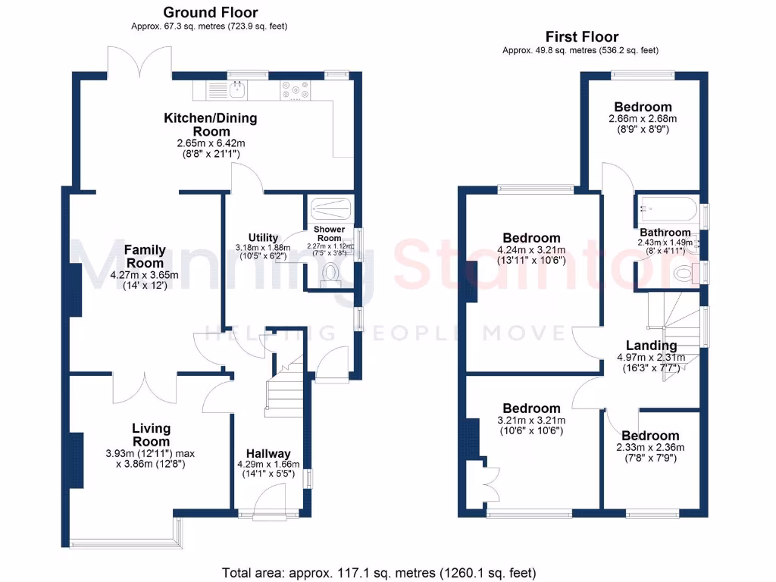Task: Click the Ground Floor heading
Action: click(x=210, y=12)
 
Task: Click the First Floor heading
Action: click(x=581, y=36)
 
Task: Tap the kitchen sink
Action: click(x=236, y=90)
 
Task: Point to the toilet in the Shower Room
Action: click(x=330, y=272)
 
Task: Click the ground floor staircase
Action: click(x=283, y=391)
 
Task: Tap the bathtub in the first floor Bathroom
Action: click(x=668, y=208)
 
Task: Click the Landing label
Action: click(x=646, y=346)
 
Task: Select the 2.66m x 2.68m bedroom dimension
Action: click(x=643, y=119)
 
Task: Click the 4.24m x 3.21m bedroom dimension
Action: click(x=530, y=251)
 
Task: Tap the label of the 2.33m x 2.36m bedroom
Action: click(x=650, y=435)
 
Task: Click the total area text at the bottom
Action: click(x=379, y=572)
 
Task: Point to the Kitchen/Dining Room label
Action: click(x=211, y=124)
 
